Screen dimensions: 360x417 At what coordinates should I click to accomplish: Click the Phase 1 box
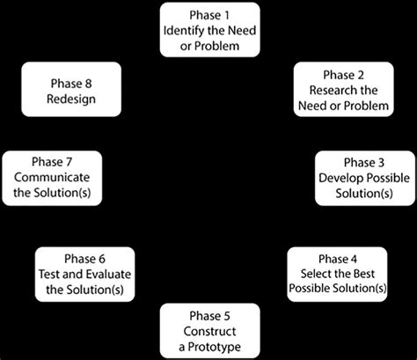(x=209, y=28)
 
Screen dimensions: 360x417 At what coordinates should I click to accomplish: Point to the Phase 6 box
(x=84, y=274)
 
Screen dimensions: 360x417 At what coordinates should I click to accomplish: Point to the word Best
(x=367, y=274)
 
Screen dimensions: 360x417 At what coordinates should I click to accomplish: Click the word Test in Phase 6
(x=51, y=274)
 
